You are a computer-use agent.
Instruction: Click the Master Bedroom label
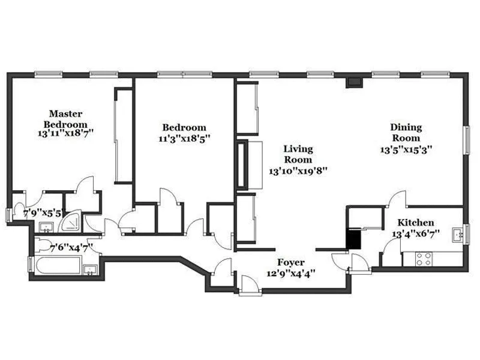(x=65, y=118)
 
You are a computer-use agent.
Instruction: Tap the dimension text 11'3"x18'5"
(x=185, y=138)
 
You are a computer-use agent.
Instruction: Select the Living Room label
(x=298, y=155)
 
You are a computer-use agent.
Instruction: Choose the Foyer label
(x=290, y=262)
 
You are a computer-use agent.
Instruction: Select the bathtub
(x=56, y=266)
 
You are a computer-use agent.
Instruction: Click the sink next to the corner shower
(x=46, y=227)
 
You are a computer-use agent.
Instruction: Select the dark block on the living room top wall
(x=354, y=82)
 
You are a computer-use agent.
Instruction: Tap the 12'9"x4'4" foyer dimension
(x=290, y=273)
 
